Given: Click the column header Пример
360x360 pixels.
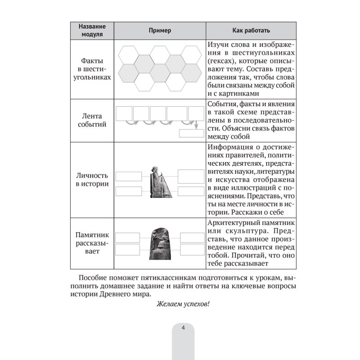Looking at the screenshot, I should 160,30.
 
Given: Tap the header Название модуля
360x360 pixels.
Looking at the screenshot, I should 92,30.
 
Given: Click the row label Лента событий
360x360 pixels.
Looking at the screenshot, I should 92,121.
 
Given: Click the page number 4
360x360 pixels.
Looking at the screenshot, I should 183,328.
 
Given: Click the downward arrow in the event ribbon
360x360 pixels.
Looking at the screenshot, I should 197,125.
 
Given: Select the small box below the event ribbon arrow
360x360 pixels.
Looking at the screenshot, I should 191,133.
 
